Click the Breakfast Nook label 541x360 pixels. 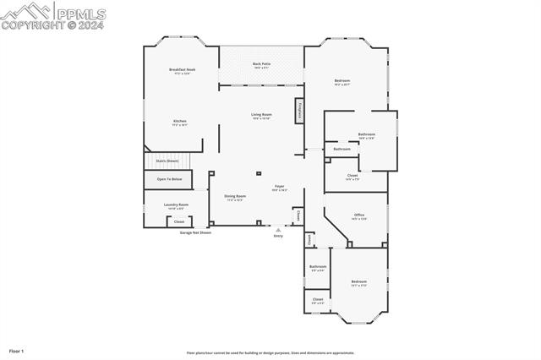(x=182, y=69)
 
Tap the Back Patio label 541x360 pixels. (x=261, y=64)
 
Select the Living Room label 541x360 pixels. (x=261, y=115)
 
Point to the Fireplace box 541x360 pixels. (x=298, y=111)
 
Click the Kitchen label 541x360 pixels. (x=180, y=122)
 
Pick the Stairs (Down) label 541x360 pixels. (x=167, y=161)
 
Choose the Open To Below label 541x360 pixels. (x=169, y=179)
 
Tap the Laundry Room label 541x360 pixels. (x=176, y=205)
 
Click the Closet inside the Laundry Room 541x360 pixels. (x=179, y=221)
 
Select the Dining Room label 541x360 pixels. (x=235, y=197)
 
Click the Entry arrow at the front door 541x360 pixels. (x=278, y=229)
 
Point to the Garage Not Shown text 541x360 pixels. (x=195, y=232)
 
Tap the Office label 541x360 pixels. (x=359, y=216)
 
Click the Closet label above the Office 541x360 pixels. (x=352, y=177)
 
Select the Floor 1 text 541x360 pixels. (x=17, y=350)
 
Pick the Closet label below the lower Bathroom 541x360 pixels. (x=318, y=299)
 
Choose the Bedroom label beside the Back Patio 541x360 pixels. (x=342, y=81)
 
